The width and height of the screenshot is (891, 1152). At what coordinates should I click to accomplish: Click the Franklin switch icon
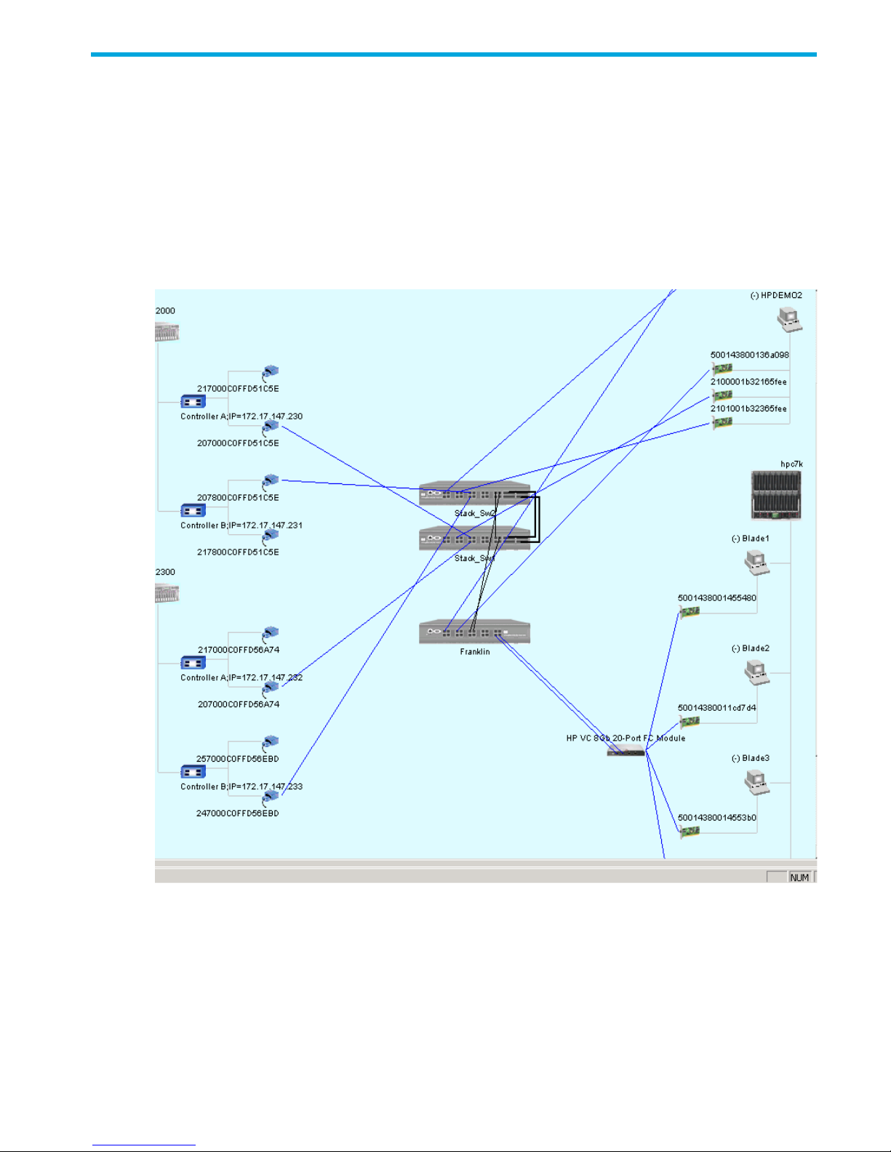point(474,632)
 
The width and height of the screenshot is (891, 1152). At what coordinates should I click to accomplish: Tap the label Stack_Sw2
point(475,513)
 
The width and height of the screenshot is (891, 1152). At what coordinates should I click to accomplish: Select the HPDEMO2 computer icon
point(789,318)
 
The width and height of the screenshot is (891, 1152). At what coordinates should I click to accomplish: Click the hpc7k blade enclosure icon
point(776,495)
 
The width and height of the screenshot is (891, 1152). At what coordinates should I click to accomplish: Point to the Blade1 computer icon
point(756,562)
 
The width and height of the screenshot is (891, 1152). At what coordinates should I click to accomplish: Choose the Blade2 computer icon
point(756,672)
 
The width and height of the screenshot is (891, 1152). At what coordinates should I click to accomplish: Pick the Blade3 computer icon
point(756,781)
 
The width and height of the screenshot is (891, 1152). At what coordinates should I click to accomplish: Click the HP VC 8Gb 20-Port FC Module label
point(626,738)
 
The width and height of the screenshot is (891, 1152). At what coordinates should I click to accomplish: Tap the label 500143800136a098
point(749,355)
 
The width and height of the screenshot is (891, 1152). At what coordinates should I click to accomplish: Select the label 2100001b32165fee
point(748,382)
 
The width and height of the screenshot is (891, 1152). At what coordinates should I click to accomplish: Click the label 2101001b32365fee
point(748,408)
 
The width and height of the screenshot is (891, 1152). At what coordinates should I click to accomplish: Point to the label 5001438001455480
point(716,598)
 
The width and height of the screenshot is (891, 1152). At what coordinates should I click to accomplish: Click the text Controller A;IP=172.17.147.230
point(241,416)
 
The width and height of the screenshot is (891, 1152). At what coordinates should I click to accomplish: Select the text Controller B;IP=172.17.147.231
point(241,525)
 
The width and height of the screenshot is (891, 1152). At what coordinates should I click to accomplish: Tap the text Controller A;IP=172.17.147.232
point(241,677)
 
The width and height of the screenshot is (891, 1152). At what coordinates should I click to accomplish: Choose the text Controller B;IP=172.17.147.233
point(241,786)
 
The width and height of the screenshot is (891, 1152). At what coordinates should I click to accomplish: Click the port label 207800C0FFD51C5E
point(238,498)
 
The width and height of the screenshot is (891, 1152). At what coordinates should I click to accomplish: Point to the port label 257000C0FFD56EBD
point(237,759)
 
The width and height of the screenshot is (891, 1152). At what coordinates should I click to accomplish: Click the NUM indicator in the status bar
point(799,877)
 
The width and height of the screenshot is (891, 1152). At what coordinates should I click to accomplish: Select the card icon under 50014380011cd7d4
point(689,722)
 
